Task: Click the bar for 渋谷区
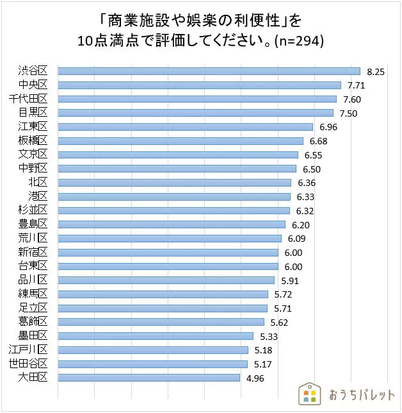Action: click(x=209, y=71)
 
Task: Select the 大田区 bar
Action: click(x=149, y=378)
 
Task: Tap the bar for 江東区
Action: click(x=185, y=127)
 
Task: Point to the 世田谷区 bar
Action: click(x=152, y=364)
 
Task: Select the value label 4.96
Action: click(x=255, y=378)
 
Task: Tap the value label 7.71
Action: click(x=356, y=85)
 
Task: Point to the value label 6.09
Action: click(x=296, y=239)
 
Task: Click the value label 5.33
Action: click(x=269, y=336)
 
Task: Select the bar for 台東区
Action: click(x=168, y=266)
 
